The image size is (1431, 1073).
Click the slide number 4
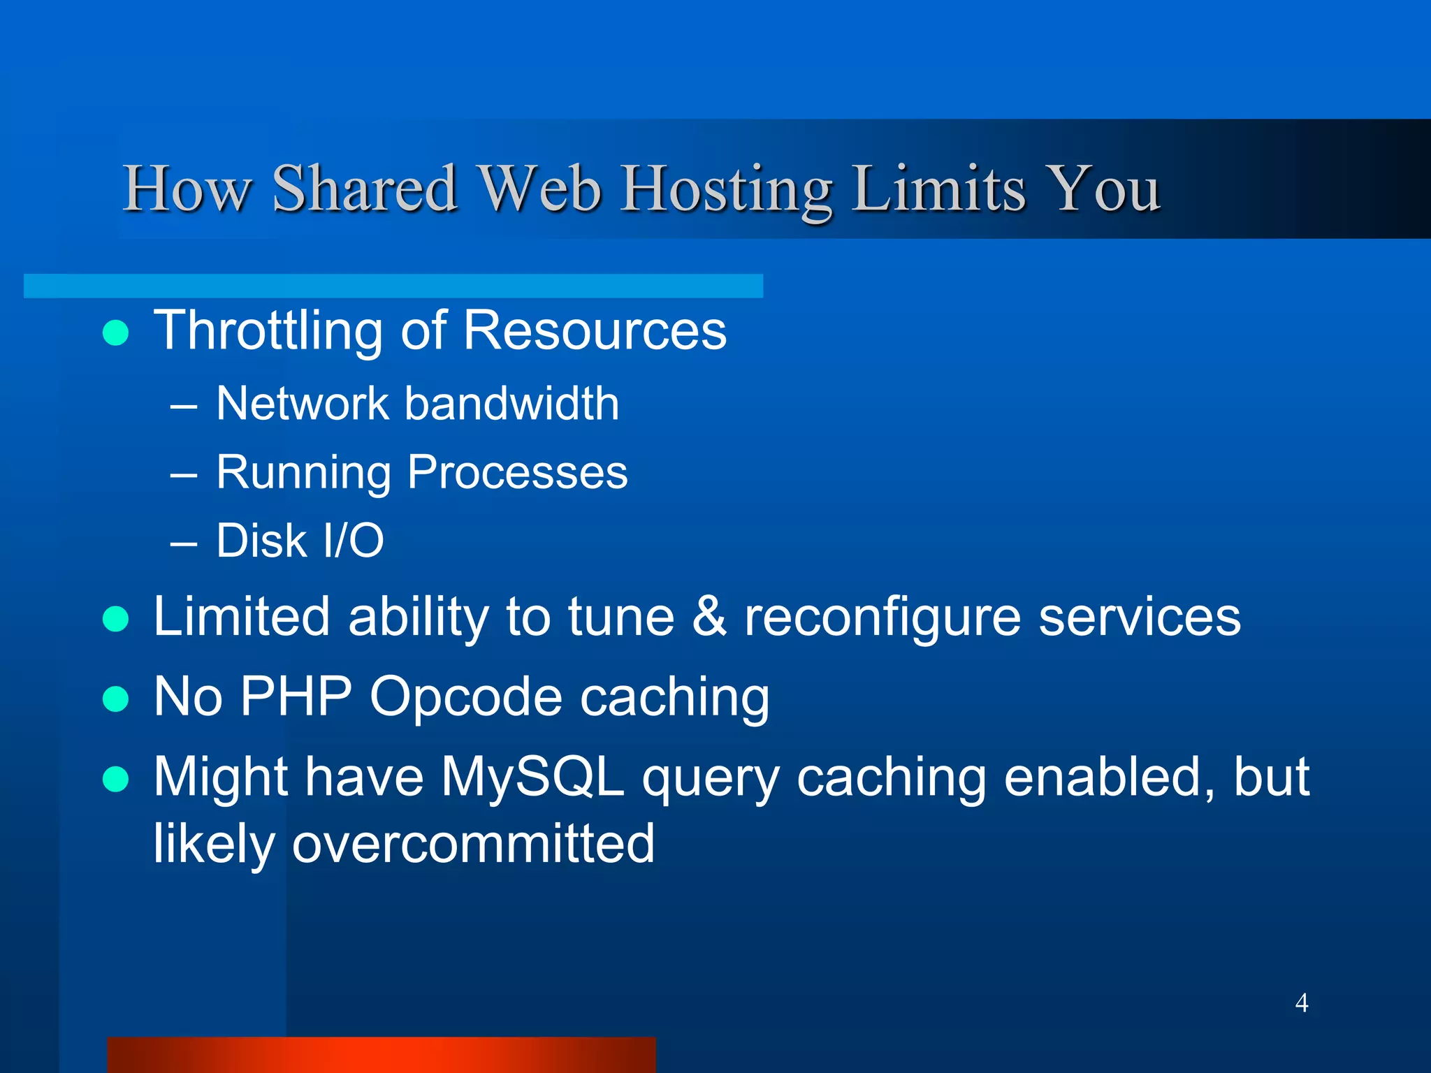pos(1301,1003)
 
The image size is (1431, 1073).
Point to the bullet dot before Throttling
pos(115,333)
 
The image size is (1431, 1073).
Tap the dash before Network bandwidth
pos(184,406)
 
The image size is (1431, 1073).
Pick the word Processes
pos(517,473)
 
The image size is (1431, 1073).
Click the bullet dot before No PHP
pos(115,699)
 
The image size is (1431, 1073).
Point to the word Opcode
pos(466,696)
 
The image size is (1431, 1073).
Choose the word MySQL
pos(532,778)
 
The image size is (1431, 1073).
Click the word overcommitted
pos(473,844)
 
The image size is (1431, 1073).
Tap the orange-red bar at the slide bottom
pos(382,1054)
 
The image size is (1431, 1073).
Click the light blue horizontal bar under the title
pos(393,286)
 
